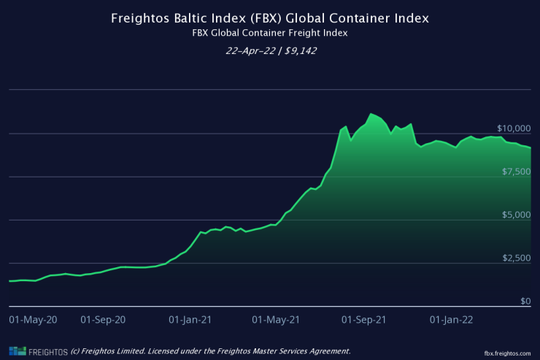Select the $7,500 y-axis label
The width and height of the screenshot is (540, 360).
point(516,171)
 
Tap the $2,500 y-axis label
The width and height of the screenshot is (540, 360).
point(516,258)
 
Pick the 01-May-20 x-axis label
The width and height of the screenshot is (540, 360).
point(32,320)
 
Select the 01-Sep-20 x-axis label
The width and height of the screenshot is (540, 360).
point(103,320)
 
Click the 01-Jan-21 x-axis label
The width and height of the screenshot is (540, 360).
point(190,320)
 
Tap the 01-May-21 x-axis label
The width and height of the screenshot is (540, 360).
point(275,320)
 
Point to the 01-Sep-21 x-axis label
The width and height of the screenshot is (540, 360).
point(363,320)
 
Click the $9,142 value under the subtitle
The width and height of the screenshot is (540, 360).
point(300,51)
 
